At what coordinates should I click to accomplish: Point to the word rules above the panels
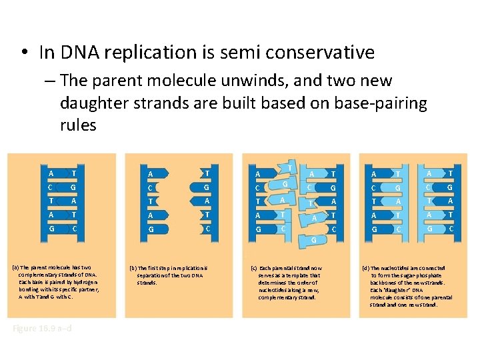point(78,125)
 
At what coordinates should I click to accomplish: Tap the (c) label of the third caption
point(254,268)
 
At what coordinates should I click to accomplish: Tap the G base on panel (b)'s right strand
point(207,187)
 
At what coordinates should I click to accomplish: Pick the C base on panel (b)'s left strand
point(150,188)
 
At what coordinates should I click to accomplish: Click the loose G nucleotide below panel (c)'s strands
point(314,239)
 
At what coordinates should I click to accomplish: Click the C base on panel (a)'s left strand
point(51,187)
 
